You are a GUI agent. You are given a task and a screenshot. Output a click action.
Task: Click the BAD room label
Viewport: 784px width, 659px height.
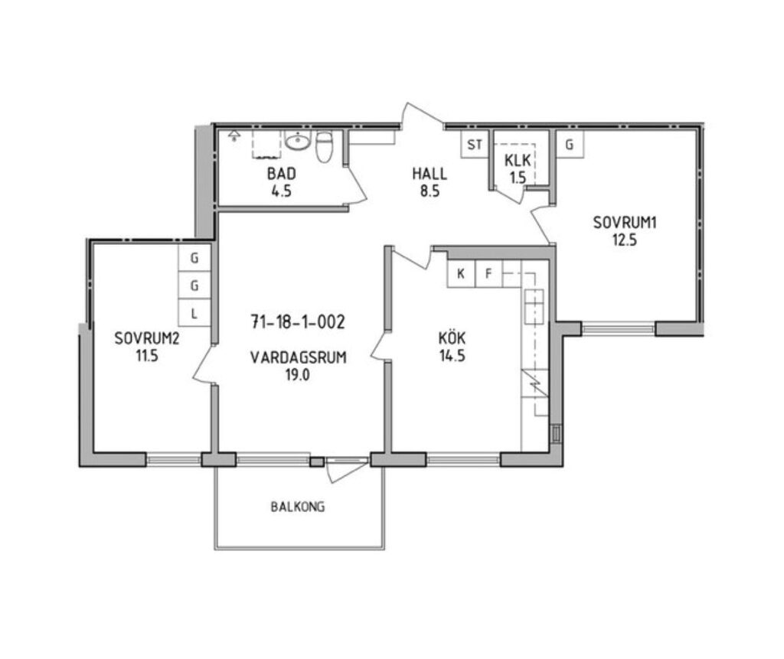[x=282, y=174]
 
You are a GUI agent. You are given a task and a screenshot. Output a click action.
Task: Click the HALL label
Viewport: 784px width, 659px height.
[x=430, y=174]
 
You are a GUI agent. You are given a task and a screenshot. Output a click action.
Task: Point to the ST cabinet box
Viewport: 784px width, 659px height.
[x=475, y=144]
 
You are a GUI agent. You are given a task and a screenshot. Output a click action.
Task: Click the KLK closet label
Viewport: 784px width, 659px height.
[x=518, y=161]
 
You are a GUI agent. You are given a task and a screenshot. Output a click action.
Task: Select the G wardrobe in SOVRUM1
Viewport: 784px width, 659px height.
[x=570, y=144]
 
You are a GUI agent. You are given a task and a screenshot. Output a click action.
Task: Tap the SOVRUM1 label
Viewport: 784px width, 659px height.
[x=625, y=222]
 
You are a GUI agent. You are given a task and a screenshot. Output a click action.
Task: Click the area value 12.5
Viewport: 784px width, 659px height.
[x=625, y=240]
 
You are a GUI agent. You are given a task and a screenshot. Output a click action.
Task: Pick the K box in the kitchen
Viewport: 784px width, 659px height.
[x=461, y=273]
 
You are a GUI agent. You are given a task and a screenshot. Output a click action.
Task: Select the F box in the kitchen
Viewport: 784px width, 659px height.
[x=488, y=273]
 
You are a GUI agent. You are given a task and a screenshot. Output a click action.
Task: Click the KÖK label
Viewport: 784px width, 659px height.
[x=452, y=338]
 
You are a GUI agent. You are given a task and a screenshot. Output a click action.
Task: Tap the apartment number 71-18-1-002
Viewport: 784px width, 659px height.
[x=298, y=322]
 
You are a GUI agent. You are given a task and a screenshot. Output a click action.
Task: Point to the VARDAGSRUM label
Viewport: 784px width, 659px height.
[x=299, y=357]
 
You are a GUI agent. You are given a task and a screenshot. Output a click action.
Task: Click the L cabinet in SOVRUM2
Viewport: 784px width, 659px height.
[x=194, y=314]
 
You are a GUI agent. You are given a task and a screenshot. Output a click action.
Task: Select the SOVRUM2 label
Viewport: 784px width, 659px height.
[x=147, y=338]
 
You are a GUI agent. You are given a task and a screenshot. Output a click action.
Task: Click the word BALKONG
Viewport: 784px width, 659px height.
[x=298, y=507]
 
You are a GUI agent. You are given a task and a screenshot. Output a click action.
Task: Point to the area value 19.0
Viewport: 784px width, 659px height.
[x=298, y=375]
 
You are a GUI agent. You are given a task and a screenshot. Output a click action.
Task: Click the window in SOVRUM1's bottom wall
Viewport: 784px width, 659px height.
[x=619, y=328]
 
